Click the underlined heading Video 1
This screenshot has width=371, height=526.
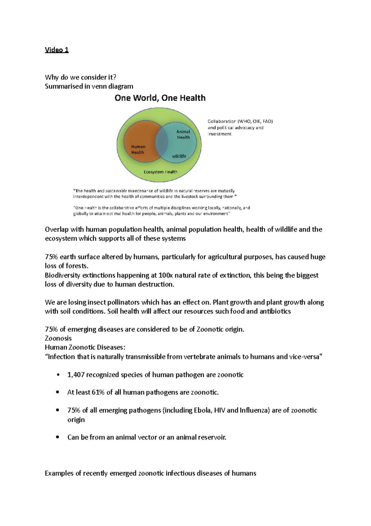click(57, 50)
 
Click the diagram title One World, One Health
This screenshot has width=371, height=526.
click(160, 98)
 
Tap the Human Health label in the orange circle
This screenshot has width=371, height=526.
click(138, 149)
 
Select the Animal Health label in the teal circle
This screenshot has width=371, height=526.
click(183, 134)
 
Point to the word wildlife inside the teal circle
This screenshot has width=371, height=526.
click(179, 156)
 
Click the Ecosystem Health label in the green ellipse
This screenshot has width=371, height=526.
click(160, 172)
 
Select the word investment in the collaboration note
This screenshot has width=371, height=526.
click(220, 134)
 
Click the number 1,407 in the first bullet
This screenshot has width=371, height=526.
click(76, 375)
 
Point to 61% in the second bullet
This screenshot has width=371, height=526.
click(98, 392)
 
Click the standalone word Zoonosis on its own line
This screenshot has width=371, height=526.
click(58, 338)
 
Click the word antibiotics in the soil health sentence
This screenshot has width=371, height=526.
click(275, 311)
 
